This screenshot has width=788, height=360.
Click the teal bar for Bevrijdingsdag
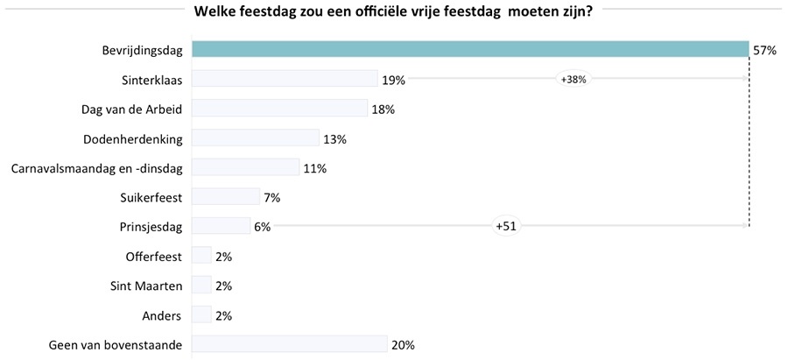[469, 50]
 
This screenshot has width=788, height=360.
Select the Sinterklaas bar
[285, 79]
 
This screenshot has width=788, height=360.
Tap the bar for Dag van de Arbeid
[279, 109]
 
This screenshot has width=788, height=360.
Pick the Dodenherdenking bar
[256, 138]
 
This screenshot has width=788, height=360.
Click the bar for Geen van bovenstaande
[289, 344]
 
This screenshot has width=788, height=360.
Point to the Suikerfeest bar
[226, 197]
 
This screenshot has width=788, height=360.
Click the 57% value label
[764, 51]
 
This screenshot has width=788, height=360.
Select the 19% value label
[393, 81]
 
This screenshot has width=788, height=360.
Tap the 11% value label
[314, 168]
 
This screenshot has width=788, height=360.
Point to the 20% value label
[403, 345]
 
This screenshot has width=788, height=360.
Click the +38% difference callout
[573, 80]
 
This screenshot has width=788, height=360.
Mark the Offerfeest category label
[154, 257]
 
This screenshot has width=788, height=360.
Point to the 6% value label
[263, 227]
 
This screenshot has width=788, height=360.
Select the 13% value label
[334, 139]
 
